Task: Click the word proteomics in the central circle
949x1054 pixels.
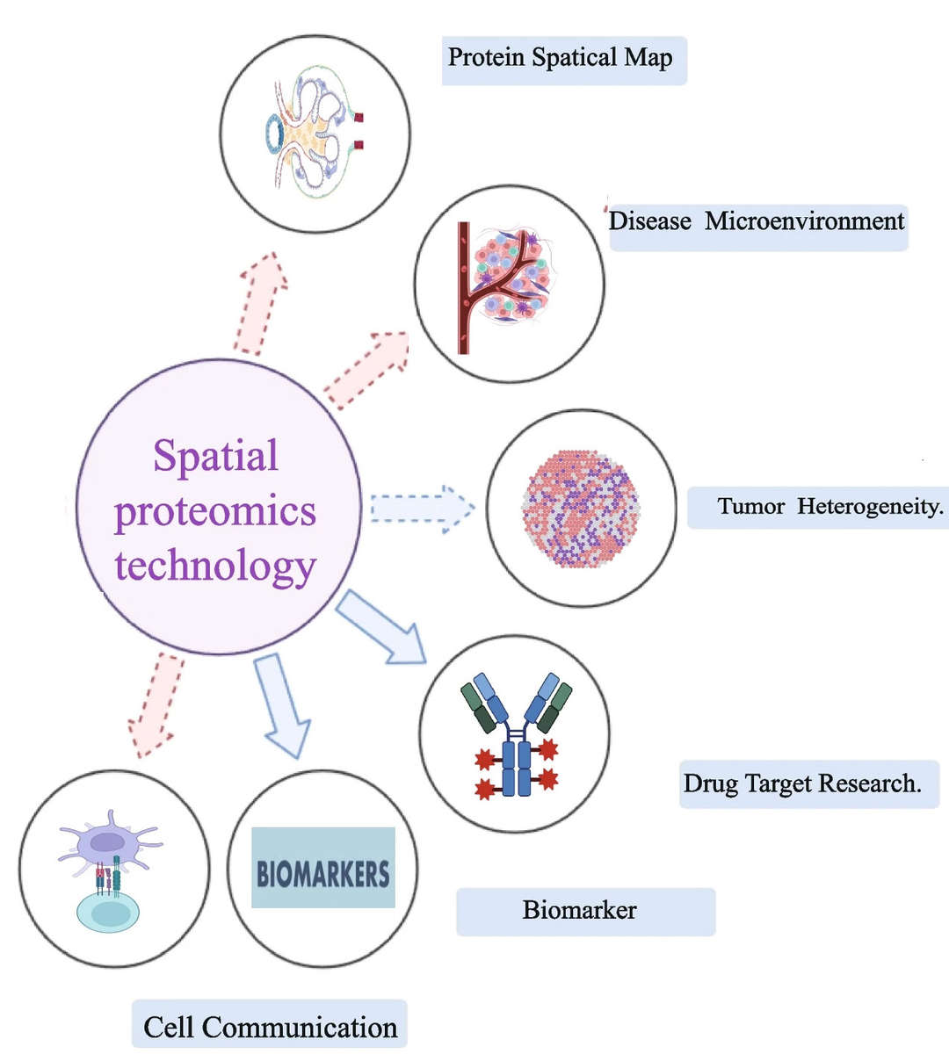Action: [215, 511]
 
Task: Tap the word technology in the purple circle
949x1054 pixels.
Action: [215, 567]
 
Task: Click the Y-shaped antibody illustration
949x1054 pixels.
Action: [517, 734]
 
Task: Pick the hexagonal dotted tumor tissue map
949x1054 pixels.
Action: [581, 508]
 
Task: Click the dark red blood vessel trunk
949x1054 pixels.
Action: [463, 288]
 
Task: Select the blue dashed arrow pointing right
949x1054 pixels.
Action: [422, 509]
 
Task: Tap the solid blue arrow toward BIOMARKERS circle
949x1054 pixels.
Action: [283, 705]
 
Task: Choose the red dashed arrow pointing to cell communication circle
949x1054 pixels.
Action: [156, 704]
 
